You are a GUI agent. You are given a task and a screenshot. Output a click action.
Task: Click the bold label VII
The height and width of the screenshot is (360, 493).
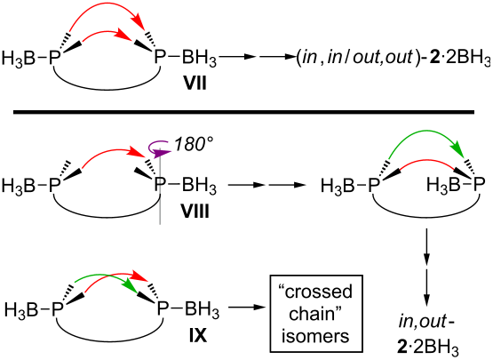[x=195, y=84]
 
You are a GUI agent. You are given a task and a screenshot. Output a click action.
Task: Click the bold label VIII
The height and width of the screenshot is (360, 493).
[x=195, y=212]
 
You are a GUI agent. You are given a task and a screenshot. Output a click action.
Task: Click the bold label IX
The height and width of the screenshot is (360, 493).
[x=198, y=336]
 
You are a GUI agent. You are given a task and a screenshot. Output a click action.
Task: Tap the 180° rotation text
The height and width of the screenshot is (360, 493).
[x=194, y=145]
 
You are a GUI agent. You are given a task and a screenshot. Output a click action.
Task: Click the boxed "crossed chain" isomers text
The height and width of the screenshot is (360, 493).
[x=316, y=314]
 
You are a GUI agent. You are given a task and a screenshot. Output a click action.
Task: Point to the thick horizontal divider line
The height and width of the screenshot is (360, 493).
[x=243, y=112]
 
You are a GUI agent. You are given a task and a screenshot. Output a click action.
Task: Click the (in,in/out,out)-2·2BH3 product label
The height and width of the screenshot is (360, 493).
[x=394, y=59]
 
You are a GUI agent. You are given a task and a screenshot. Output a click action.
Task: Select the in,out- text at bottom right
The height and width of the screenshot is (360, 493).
[x=426, y=322]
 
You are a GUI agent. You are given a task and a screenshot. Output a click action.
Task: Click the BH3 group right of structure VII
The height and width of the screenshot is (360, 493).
[x=199, y=59]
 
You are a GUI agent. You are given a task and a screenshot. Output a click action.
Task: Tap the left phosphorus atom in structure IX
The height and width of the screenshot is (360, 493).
[x=57, y=309]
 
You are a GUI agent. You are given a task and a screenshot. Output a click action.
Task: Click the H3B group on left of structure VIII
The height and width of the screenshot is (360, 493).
[x=18, y=186]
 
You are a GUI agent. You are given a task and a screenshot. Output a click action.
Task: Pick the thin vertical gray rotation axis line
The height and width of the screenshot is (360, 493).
[x=161, y=186]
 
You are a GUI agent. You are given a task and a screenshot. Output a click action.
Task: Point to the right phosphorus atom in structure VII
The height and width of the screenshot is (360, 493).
[x=160, y=59]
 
